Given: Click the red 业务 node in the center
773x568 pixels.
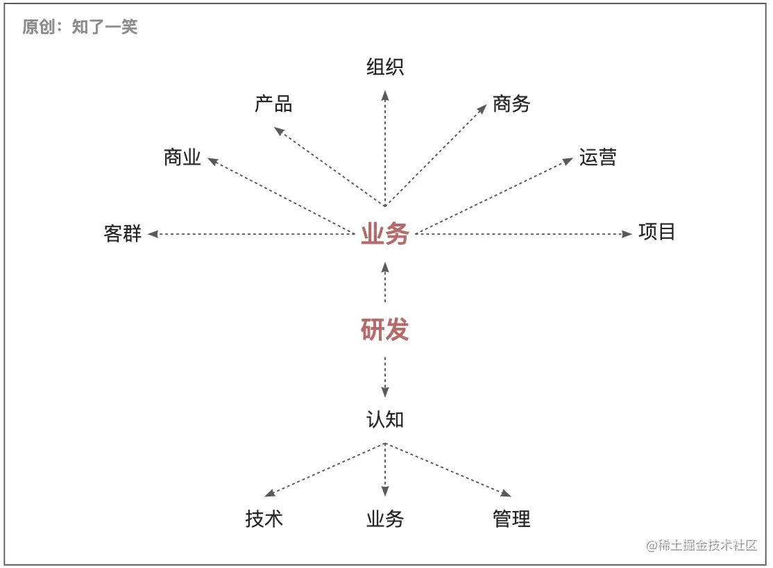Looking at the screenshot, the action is click(x=385, y=235).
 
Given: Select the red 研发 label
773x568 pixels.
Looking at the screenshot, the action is click(x=385, y=329).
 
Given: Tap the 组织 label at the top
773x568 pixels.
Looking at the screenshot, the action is click(x=385, y=67).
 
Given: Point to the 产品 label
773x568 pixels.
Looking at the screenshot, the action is click(x=273, y=105).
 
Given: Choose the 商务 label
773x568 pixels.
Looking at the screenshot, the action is click(x=511, y=104).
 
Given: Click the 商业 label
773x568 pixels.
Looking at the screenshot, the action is click(x=182, y=158).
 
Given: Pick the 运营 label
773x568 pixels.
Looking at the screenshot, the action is click(x=597, y=158).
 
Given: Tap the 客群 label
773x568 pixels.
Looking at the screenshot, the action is click(x=123, y=234).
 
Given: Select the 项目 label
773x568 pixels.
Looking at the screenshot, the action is click(x=656, y=231).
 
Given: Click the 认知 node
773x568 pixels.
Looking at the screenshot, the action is click(x=385, y=419).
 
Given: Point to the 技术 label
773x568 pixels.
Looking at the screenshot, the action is click(x=264, y=519).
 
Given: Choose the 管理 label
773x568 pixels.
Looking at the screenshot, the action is click(x=511, y=519).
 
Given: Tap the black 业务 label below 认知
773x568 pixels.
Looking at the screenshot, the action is click(x=385, y=519).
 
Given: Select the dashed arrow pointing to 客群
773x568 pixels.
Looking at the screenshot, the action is click(x=250, y=234).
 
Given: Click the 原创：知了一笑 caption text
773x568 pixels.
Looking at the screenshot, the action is click(x=80, y=27).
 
